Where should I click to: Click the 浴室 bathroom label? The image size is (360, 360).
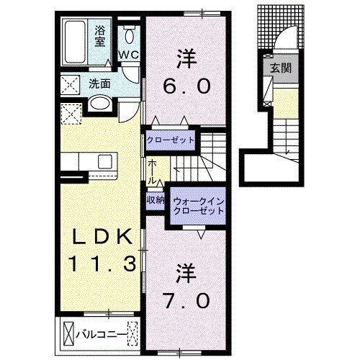(101, 36)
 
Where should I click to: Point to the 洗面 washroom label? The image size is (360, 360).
(99, 83)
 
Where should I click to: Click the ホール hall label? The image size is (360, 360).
(153, 171)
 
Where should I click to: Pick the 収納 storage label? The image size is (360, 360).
(156, 200)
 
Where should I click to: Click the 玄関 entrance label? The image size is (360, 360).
(280, 68)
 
